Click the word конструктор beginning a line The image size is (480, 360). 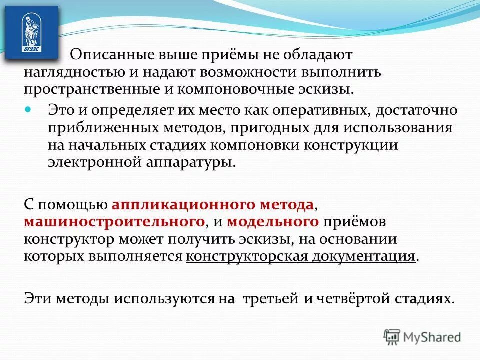coord(69,239)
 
